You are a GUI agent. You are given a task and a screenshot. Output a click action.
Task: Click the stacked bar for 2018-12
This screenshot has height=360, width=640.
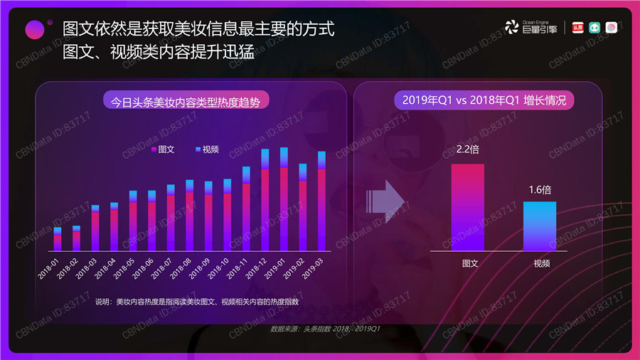265,200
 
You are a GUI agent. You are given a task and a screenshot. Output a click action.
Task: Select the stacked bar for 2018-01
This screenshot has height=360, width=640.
58,239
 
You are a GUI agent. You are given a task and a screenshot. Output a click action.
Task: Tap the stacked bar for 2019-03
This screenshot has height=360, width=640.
321,201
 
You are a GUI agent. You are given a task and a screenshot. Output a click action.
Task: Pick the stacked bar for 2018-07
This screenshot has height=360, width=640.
171,218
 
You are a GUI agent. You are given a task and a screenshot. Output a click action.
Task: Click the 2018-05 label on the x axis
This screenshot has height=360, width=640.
128,269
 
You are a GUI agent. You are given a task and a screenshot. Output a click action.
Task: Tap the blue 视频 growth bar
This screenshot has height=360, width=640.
540,226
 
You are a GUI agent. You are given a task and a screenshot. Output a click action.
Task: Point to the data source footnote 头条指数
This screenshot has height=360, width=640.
328,329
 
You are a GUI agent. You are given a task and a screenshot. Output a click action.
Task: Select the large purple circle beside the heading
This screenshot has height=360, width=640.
35,29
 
